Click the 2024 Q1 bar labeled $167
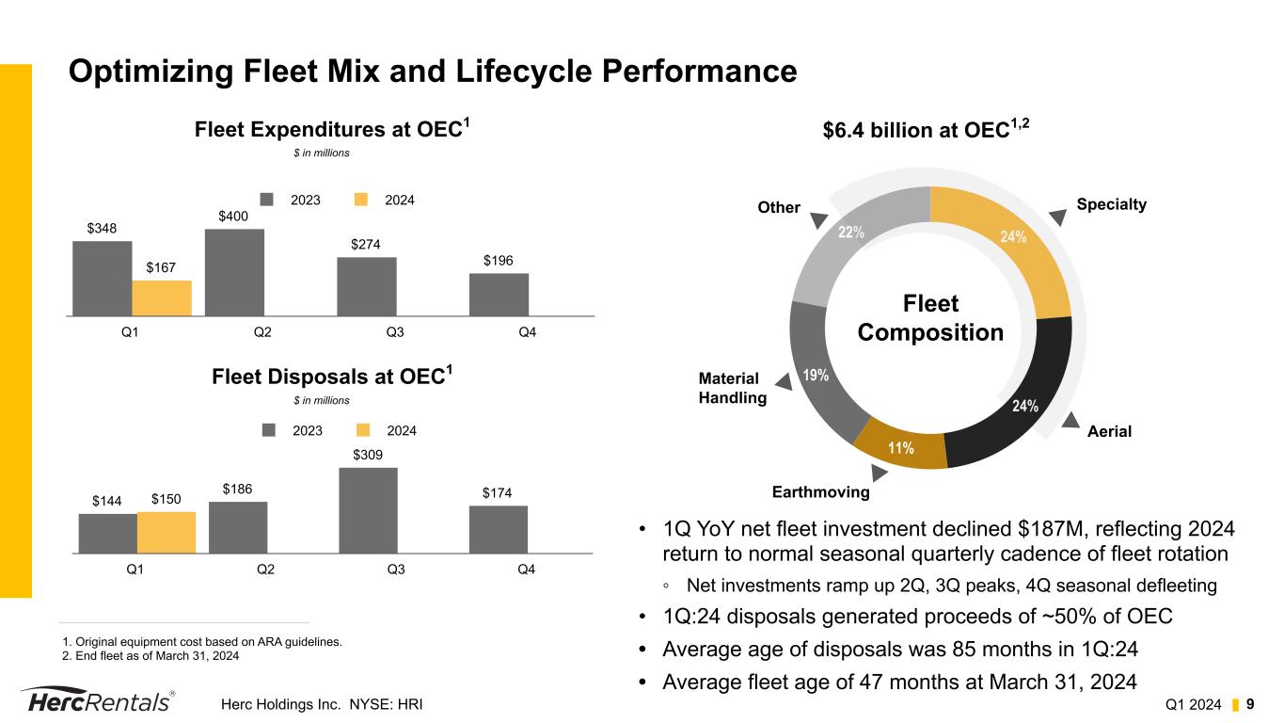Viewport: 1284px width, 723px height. tap(162, 297)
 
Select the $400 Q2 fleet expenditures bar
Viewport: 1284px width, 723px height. tap(234, 272)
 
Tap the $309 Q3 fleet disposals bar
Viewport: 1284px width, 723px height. tap(368, 509)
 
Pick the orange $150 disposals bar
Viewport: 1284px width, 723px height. tap(166, 532)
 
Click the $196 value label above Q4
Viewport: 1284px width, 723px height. tap(499, 260)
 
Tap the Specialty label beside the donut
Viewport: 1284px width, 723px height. tap(1112, 204)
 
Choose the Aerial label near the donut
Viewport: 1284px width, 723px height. tap(1109, 431)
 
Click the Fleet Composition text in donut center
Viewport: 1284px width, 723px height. tap(930, 318)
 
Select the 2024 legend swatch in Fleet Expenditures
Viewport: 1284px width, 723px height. tap(361, 200)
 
